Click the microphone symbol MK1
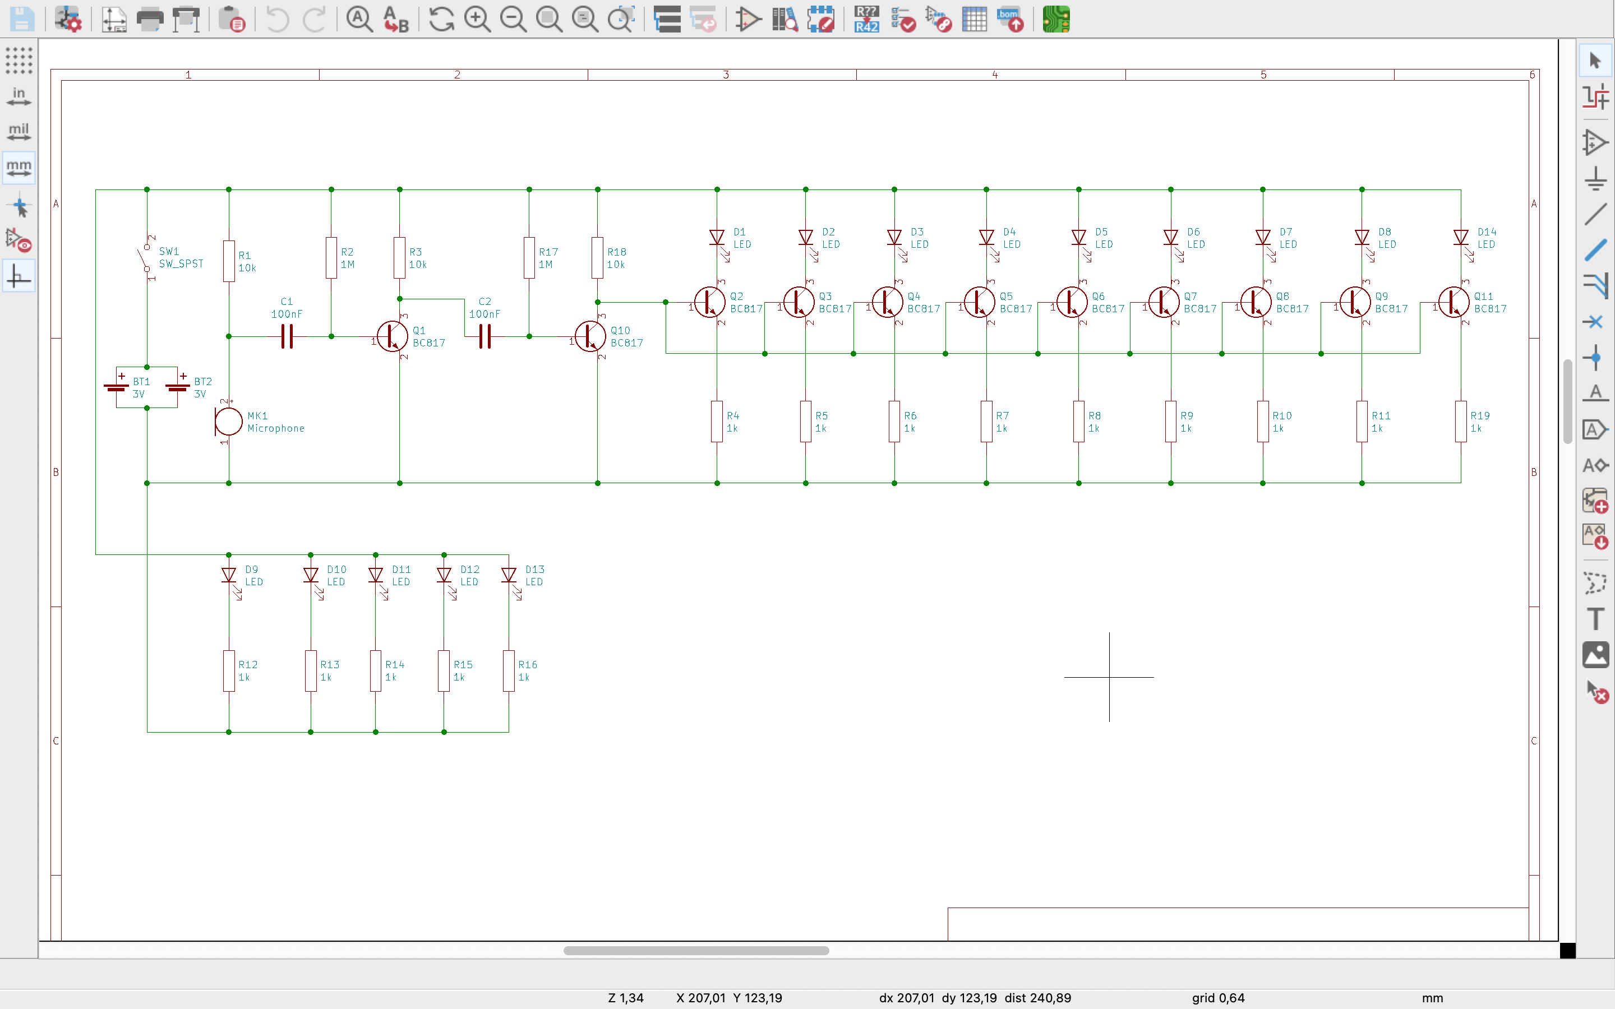coord(228,422)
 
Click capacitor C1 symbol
coord(287,336)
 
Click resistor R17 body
coord(529,258)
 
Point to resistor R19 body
coord(1461,422)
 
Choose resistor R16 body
coord(509,670)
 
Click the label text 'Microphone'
coord(276,428)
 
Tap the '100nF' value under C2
coord(484,314)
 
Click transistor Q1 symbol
coord(393,336)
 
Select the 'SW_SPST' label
coord(181,263)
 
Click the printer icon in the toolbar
coord(150,20)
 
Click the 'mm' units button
coord(19,167)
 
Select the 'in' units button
coord(19,96)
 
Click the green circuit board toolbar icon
coord(1056,20)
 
